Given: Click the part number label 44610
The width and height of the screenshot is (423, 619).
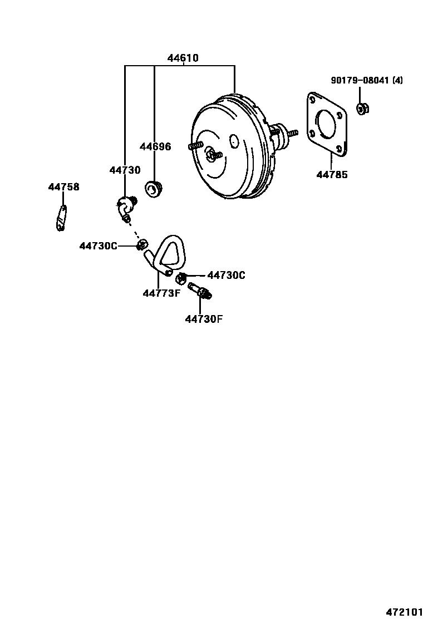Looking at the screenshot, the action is click(x=183, y=58).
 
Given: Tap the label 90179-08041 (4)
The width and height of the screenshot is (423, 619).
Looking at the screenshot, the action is click(x=367, y=81).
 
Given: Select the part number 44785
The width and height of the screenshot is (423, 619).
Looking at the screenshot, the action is click(x=332, y=174).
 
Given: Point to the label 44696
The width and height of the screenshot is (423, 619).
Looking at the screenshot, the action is click(x=155, y=146).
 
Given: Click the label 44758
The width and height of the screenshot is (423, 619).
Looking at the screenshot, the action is click(x=63, y=186).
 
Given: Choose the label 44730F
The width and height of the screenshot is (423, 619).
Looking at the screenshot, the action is click(x=204, y=318).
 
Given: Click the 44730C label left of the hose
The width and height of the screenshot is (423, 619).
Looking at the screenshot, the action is click(x=99, y=246).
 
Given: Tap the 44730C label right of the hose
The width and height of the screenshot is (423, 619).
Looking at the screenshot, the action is click(x=226, y=275).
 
